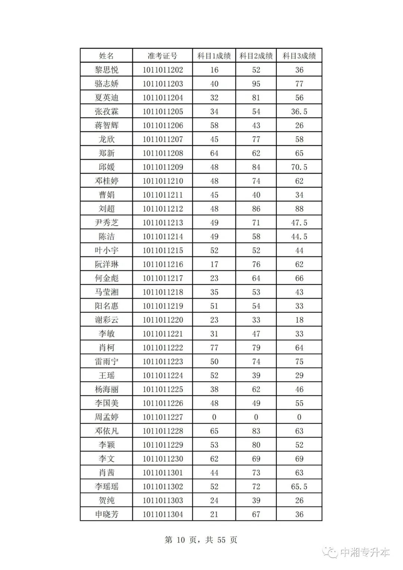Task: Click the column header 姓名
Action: (x=106, y=56)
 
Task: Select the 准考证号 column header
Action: (x=162, y=56)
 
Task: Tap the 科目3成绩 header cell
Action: (x=299, y=56)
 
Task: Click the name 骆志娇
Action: (x=106, y=84)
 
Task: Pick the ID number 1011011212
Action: (x=163, y=209)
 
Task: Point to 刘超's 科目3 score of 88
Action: (x=299, y=209)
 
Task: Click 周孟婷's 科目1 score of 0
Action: (x=214, y=417)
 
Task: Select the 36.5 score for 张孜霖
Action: (x=299, y=112)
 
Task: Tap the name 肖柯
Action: (x=106, y=348)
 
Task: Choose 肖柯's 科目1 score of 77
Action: (x=214, y=348)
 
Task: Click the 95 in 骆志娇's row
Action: (x=256, y=84)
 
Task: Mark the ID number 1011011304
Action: (x=163, y=514)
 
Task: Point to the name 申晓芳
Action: (x=106, y=514)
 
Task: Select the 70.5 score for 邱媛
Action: (x=299, y=167)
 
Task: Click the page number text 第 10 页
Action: (x=181, y=540)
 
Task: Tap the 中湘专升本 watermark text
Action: (x=365, y=552)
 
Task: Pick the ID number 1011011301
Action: (x=163, y=473)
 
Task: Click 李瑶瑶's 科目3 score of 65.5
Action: (x=299, y=486)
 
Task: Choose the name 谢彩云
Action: (x=106, y=320)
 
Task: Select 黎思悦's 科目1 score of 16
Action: (x=214, y=70)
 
